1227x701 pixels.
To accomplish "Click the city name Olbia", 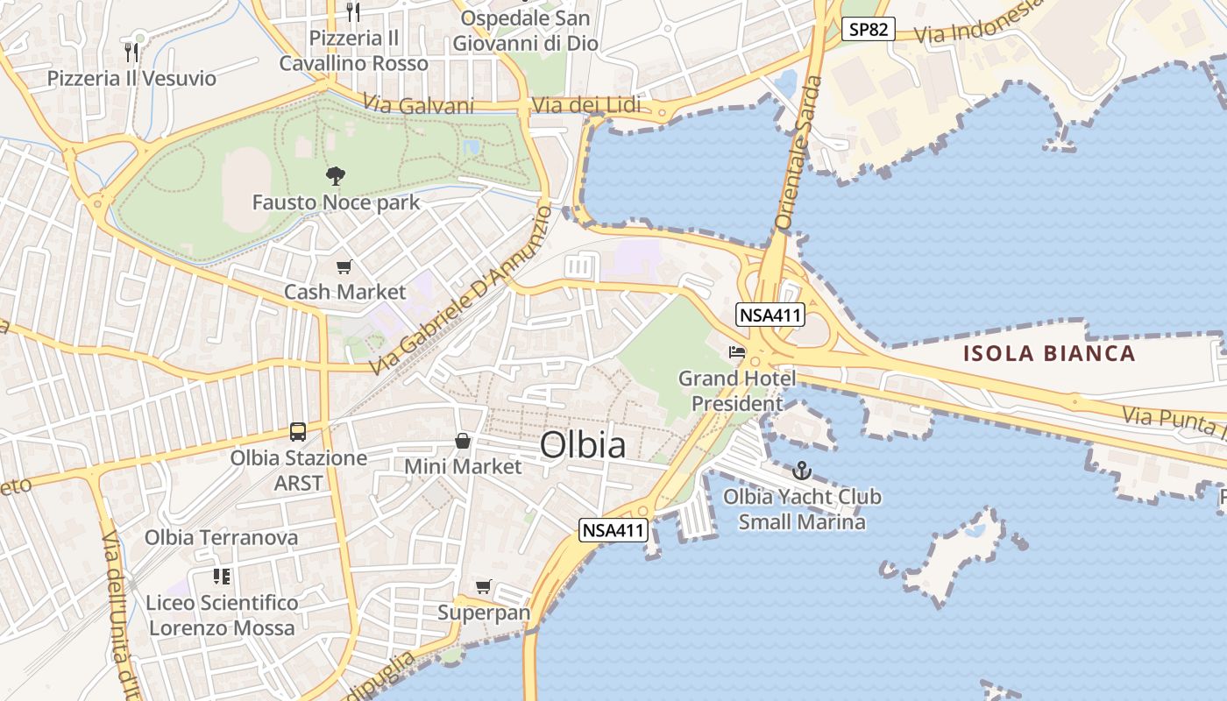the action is [583, 445].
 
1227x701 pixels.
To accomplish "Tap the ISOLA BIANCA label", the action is [1049, 354].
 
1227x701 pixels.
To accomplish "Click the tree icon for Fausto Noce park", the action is [335, 176].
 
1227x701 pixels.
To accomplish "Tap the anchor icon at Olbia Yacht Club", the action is [801, 471].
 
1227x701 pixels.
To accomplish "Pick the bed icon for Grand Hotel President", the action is [737, 352].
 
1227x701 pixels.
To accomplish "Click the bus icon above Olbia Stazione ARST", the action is [298, 431].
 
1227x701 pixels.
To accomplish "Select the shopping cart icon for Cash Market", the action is [344, 266].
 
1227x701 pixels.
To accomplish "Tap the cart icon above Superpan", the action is [483, 586].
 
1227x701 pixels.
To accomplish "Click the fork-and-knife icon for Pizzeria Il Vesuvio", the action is [131, 52].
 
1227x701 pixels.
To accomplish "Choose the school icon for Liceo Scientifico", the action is [222, 577].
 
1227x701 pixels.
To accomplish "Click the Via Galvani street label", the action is [418, 106].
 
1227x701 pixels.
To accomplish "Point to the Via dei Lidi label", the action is [586, 106].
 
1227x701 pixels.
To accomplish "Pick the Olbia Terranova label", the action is [221, 537].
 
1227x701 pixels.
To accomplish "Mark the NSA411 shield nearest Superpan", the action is [613, 530].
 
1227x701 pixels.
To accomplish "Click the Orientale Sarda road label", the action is [798, 153].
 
